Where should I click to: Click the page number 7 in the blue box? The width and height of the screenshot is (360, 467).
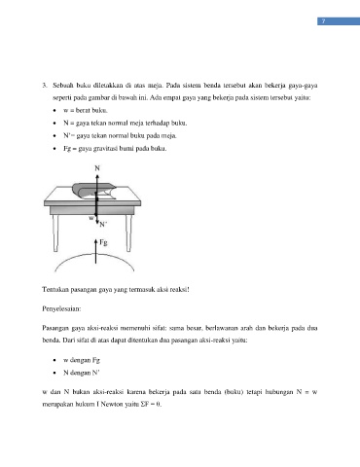click(323, 21)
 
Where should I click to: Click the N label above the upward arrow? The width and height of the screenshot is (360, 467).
click(97, 168)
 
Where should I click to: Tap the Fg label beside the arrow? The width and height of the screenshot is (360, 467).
click(103, 242)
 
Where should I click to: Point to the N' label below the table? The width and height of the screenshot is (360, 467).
click(103, 224)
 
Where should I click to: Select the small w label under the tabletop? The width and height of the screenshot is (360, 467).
click(91, 218)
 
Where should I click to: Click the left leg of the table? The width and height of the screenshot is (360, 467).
click(55, 233)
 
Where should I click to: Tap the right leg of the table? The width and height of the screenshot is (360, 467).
click(128, 233)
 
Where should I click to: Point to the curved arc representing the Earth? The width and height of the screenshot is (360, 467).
click(94, 255)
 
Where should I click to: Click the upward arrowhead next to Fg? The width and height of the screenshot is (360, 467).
click(95, 241)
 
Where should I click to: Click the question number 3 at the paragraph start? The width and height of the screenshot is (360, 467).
click(45, 86)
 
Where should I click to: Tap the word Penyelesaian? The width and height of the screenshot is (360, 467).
click(61, 308)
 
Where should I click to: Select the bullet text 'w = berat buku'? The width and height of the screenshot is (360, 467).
click(86, 110)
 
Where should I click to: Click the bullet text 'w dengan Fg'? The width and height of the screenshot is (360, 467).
click(82, 360)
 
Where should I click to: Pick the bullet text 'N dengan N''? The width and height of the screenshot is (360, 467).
click(81, 373)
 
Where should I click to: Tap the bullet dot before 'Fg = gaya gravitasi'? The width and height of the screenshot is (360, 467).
click(54, 149)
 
